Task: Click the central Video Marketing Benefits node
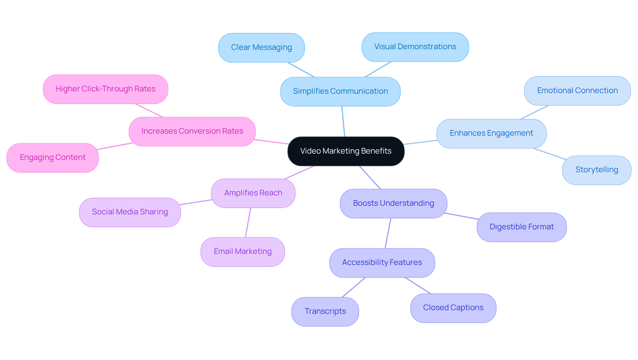tap(346, 151)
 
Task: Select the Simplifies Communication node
tap(340, 91)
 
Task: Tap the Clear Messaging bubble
tap(261, 48)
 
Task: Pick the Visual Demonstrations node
tap(415, 47)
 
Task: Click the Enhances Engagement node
tap(491, 133)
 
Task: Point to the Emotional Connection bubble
tap(577, 91)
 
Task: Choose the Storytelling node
tap(596, 170)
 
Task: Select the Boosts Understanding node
tap(393, 203)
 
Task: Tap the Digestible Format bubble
tap(521, 227)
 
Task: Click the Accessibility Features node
tap(382, 263)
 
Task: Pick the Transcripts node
tap(325, 311)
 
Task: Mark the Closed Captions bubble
tap(453, 308)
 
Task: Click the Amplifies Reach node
tap(253, 193)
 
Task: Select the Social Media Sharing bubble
tap(130, 212)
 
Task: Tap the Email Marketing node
tap(243, 252)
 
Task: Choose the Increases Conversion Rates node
tap(192, 131)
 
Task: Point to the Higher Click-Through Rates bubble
tap(105, 89)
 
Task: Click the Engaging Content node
tap(53, 158)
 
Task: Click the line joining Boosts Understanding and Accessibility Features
tap(388, 233)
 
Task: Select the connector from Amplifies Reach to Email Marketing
tap(248, 223)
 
